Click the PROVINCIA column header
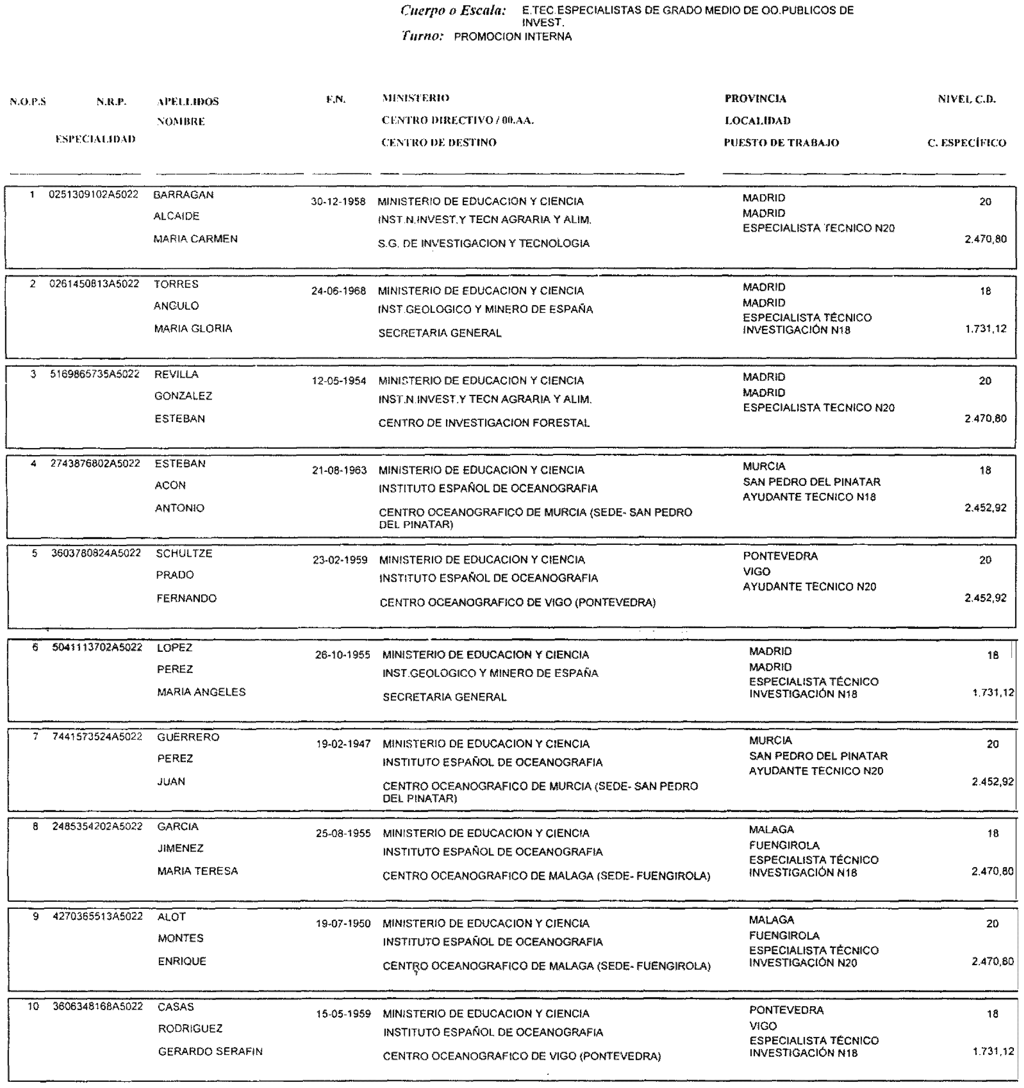(x=755, y=99)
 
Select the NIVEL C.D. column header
(x=966, y=99)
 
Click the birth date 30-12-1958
(x=338, y=202)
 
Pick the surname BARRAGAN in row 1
(x=183, y=195)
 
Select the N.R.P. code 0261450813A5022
(x=94, y=284)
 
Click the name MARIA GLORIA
(x=193, y=329)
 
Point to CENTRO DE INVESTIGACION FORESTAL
(x=484, y=423)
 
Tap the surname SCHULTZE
(x=184, y=554)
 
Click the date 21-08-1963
(x=339, y=470)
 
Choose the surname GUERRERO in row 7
(x=188, y=737)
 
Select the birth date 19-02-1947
(x=343, y=744)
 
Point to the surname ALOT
(x=171, y=917)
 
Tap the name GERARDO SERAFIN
(x=210, y=1051)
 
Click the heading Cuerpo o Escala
(x=453, y=11)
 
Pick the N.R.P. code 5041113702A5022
(x=97, y=647)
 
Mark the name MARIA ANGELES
(x=201, y=692)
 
